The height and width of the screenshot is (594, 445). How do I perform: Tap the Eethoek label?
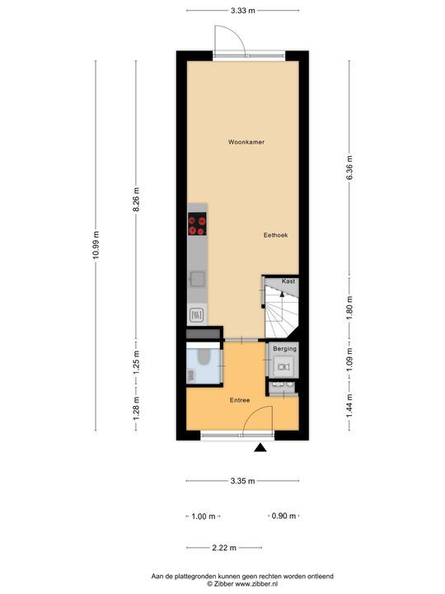(275, 235)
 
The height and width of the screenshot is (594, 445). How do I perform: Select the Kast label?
(288, 281)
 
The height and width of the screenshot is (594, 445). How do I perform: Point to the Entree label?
(240, 400)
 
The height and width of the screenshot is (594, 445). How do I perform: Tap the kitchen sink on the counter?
(197, 278)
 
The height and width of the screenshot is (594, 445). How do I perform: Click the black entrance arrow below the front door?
(260, 448)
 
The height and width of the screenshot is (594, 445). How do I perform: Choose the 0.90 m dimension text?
(283, 516)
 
